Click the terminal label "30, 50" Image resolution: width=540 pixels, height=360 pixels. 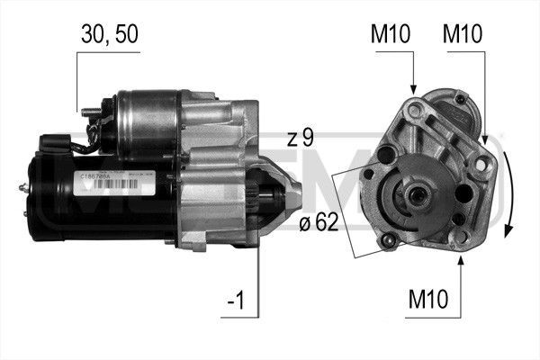tap(108, 34)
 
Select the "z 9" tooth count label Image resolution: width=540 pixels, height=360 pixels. tap(301, 138)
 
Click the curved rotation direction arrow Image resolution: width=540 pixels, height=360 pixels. tap(509, 193)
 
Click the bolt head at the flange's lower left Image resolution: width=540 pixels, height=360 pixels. tap(389, 240)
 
